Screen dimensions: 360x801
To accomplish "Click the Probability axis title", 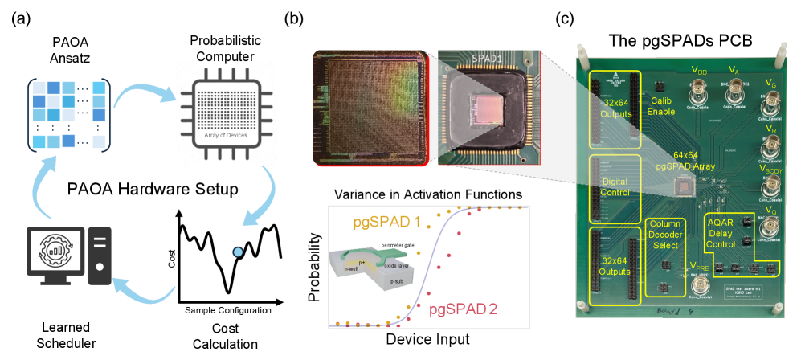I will coord(315,265).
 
